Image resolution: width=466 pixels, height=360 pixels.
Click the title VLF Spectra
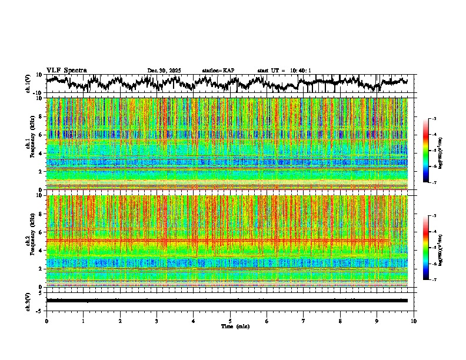pos(66,71)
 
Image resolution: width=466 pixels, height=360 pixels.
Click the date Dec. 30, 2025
pos(164,71)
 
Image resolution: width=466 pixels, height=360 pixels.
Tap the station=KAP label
pos(218,71)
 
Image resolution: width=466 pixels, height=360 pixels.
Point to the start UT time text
pos(284,71)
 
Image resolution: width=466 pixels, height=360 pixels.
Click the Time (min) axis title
pos(235,326)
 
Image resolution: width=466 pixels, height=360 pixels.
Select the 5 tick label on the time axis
pos(230,321)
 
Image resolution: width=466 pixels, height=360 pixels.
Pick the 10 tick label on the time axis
pos(414,321)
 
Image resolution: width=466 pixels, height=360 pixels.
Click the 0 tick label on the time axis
pos(46,321)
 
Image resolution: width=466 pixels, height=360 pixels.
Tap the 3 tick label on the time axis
pos(157,321)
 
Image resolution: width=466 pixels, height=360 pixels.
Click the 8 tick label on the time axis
pos(340,321)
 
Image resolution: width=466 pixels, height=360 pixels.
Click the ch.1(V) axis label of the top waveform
pos(28,84)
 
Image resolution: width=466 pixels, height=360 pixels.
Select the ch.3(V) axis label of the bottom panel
pos(28,301)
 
